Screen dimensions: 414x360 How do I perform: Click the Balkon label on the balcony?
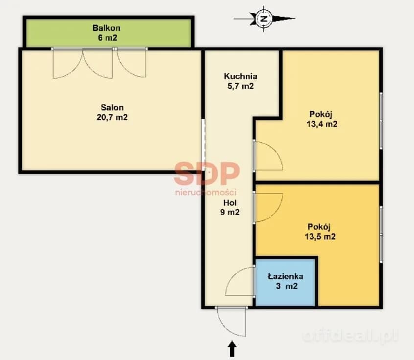click(x=106, y=28)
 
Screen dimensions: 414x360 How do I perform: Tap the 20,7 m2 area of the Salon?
click(x=112, y=117)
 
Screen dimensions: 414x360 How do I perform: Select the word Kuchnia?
click(x=241, y=76)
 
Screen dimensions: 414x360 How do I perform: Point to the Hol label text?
click(x=230, y=202)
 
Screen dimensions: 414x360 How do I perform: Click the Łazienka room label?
click(x=285, y=276)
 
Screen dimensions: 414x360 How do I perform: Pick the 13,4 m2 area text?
click(x=322, y=124)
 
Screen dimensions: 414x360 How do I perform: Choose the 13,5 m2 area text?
click(x=320, y=236)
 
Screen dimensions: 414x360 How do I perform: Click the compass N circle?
click(x=263, y=19)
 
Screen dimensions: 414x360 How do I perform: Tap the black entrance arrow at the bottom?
click(x=232, y=349)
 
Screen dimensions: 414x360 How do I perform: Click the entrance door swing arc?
click(x=227, y=327)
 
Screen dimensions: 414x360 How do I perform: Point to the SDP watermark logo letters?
click(x=207, y=174)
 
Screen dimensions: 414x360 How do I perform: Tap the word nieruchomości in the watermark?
click(x=206, y=192)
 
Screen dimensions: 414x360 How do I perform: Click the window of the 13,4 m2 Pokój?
click(x=381, y=121)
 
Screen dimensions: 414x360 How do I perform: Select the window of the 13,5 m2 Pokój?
click(x=381, y=234)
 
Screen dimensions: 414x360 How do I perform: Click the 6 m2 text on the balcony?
click(x=108, y=38)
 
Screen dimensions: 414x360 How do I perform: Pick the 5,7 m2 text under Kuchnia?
click(x=241, y=86)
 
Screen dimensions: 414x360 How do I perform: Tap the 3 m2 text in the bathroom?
click(x=287, y=286)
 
